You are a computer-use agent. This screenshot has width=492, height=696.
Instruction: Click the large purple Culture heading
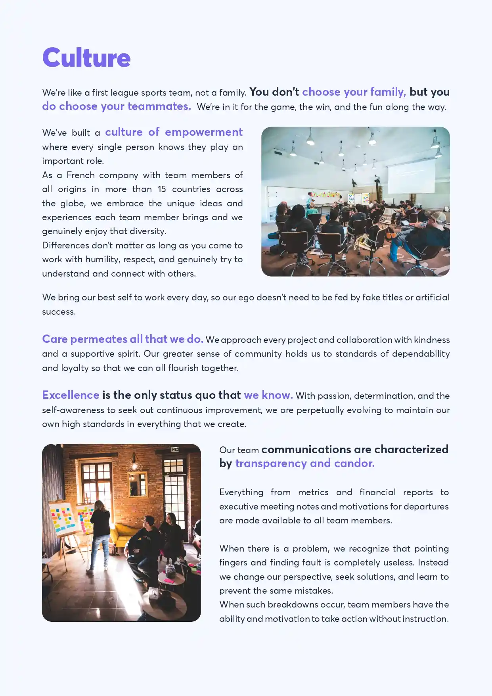tap(86, 58)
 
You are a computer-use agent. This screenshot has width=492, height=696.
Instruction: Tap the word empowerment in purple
tap(204, 132)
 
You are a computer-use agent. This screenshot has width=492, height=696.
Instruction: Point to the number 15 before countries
tap(162, 189)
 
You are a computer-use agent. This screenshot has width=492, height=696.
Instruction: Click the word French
tap(80, 175)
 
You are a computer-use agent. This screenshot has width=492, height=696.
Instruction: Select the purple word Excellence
tap(71, 395)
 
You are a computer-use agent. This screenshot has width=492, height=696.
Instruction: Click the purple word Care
tap(55, 339)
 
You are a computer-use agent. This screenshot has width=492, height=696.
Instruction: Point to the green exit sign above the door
tap(174, 450)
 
